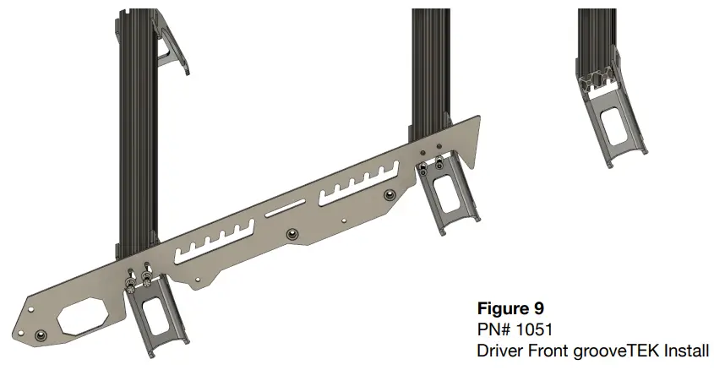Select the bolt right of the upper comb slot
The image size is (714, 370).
[x=389, y=195]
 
